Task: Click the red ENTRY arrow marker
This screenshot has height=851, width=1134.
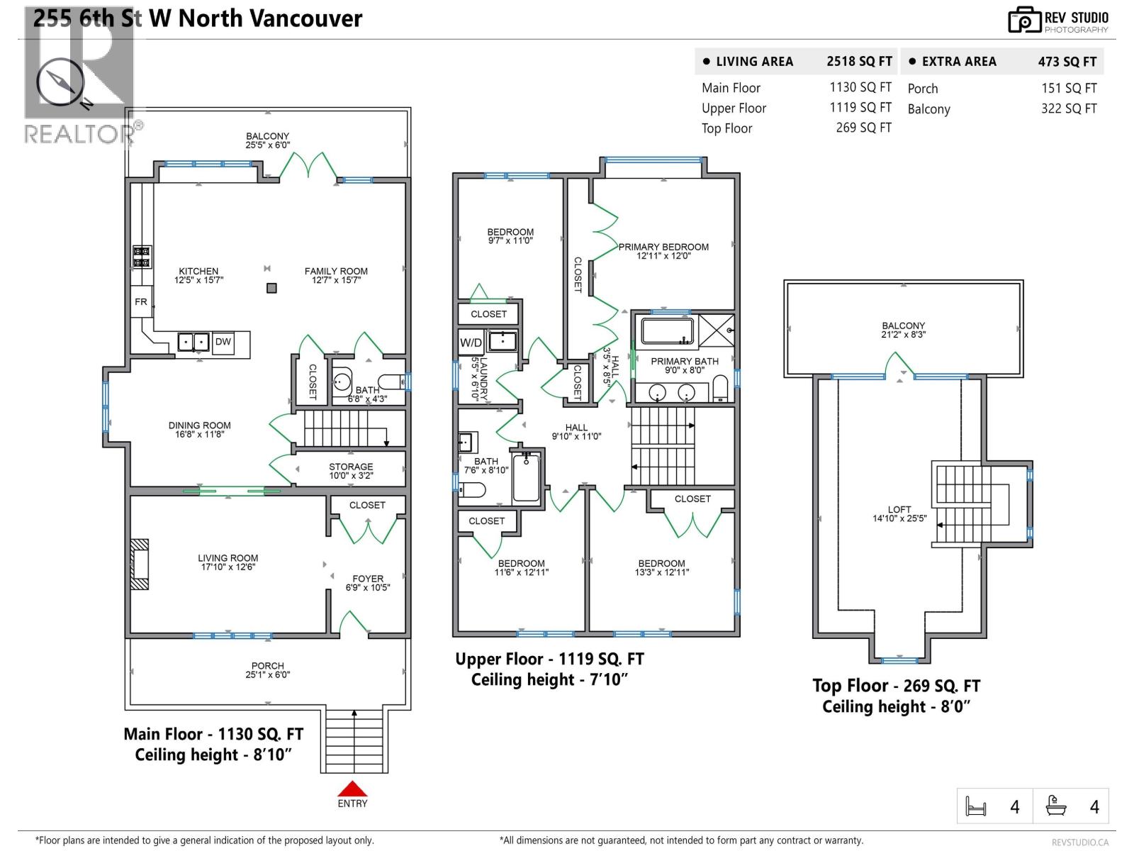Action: [352, 789]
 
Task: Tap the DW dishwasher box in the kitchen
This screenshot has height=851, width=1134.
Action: [223, 342]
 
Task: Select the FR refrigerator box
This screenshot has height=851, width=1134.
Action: [141, 302]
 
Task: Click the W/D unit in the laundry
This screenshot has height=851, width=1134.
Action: [471, 343]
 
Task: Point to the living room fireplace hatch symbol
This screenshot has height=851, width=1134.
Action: [140, 564]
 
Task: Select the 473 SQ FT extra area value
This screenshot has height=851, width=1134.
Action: [1067, 62]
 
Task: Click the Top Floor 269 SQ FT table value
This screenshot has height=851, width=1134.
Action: [863, 128]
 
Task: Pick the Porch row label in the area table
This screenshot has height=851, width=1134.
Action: [922, 89]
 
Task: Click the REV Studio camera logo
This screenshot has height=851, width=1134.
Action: [1024, 20]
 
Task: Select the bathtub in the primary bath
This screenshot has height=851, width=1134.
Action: [667, 331]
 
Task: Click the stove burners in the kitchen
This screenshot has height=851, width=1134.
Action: [142, 257]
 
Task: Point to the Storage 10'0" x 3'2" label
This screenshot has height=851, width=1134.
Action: [351, 472]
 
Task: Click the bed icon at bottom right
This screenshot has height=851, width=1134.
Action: [976, 807]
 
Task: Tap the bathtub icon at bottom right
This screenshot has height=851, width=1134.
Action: [1056, 806]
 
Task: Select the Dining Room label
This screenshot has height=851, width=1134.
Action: [199, 430]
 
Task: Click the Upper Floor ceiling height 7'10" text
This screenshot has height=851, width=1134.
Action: [549, 680]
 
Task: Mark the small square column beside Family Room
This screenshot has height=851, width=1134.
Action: [271, 288]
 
